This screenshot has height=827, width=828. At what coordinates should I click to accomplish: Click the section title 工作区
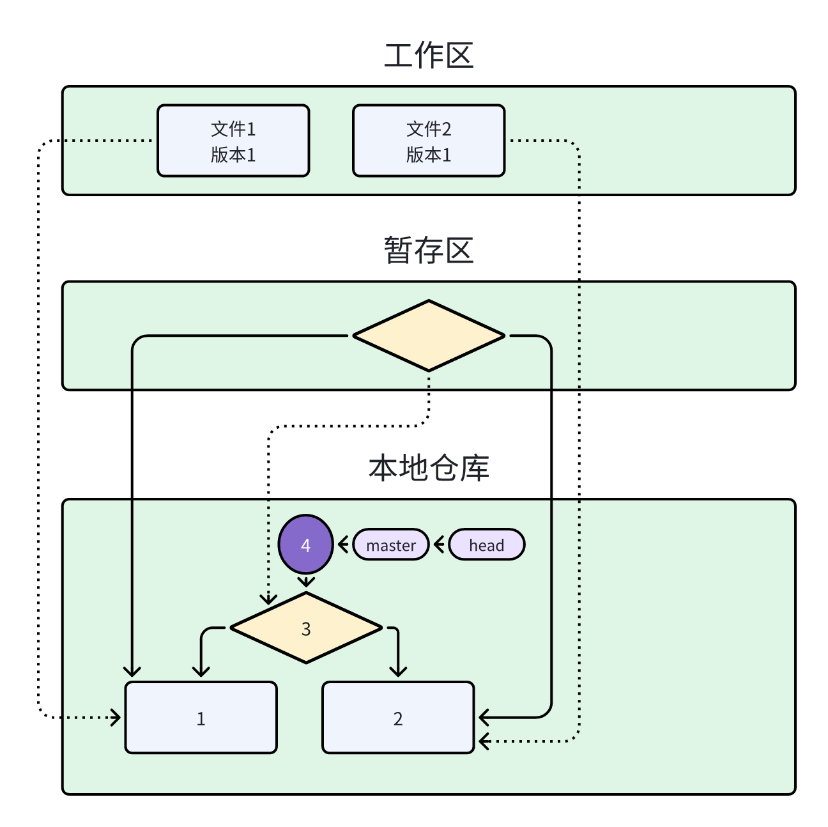coord(428,56)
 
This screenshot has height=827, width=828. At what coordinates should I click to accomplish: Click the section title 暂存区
coord(428,250)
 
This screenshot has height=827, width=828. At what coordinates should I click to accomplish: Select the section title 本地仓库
coord(428,468)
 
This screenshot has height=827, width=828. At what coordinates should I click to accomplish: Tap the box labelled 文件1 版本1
coord(233,141)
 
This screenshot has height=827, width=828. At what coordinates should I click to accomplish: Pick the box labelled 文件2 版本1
coord(429,141)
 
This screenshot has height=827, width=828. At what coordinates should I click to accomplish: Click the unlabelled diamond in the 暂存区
coord(429,336)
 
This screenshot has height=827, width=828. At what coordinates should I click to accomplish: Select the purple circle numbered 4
coord(306,545)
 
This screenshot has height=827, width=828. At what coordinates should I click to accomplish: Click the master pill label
coord(391,545)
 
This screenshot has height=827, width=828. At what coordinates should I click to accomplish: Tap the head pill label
coord(487,545)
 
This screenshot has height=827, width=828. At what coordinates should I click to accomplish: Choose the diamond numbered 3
coord(306,628)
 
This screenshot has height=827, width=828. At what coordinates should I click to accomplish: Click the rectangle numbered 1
coord(201,718)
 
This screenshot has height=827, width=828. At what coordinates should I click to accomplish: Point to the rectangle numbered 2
coord(398,718)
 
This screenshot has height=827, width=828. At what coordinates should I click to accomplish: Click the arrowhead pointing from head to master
coord(438,545)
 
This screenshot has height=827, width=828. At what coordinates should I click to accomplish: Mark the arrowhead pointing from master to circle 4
coord(342,545)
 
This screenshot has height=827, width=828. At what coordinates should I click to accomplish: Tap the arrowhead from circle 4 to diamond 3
coord(306,583)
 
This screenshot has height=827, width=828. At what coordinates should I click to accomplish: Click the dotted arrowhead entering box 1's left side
coord(116,717)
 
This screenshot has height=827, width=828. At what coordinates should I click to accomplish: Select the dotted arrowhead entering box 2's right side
coord(484,741)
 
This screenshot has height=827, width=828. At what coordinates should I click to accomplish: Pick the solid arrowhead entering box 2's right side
coord(484,717)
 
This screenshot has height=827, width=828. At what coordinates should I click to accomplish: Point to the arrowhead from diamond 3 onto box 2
coord(398,672)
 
